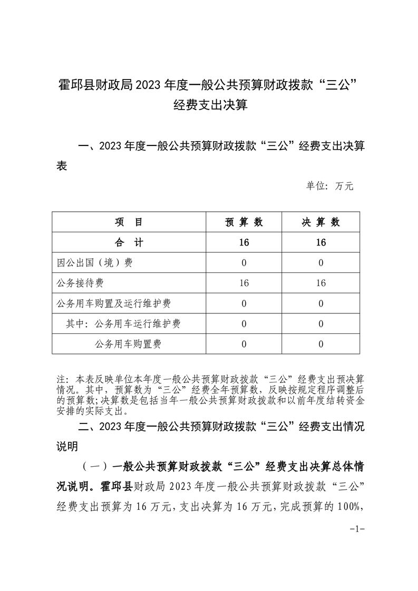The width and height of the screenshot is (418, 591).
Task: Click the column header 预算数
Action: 244,222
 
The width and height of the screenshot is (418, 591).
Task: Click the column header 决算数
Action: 320,222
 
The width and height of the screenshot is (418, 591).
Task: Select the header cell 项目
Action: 129,222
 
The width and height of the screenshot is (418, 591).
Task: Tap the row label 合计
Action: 129,242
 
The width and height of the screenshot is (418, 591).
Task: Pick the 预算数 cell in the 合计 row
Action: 244,242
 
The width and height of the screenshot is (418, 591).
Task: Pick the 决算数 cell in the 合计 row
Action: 320,242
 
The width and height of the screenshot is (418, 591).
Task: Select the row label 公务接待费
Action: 81,283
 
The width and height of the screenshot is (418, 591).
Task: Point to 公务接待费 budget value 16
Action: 244,283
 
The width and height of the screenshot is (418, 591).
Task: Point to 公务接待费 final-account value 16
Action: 320,283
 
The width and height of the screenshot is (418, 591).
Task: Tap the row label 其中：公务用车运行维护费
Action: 123,324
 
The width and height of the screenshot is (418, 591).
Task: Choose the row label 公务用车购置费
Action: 128,344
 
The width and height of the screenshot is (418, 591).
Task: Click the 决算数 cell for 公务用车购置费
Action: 320,344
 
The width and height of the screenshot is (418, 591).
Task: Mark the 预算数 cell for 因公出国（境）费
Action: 244,263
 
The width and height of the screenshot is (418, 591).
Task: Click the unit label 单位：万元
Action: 330,186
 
